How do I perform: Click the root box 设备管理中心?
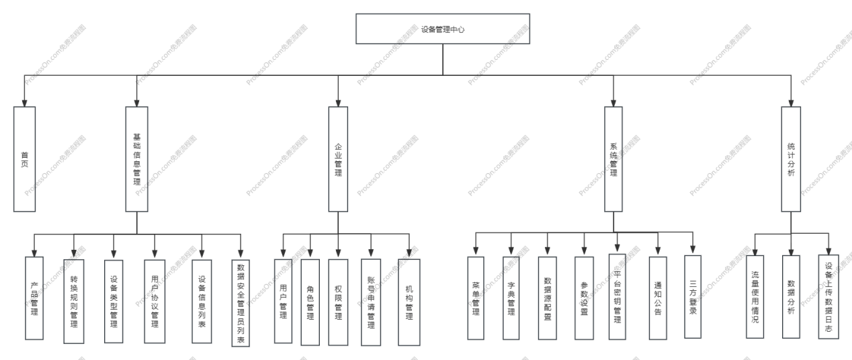(x=442, y=30)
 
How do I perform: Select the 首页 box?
(x=24, y=159)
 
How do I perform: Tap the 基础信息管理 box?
(x=137, y=159)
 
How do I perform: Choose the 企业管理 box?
(x=338, y=159)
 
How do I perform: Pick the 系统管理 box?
(x=613, y=159)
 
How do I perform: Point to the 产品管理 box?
(x=34, y=297)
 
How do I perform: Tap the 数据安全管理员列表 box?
(x=241, y=303)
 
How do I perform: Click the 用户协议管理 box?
(x=155, y=300)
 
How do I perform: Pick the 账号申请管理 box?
(x=370, y=302)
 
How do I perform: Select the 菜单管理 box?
(x=476, y=296)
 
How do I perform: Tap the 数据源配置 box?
(x=548, y=297)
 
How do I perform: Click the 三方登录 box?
(x=692, y=296)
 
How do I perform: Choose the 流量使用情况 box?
(x=755, y=296)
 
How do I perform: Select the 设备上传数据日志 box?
(x=828, y=296)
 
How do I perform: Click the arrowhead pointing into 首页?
(x=24, y=103)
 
